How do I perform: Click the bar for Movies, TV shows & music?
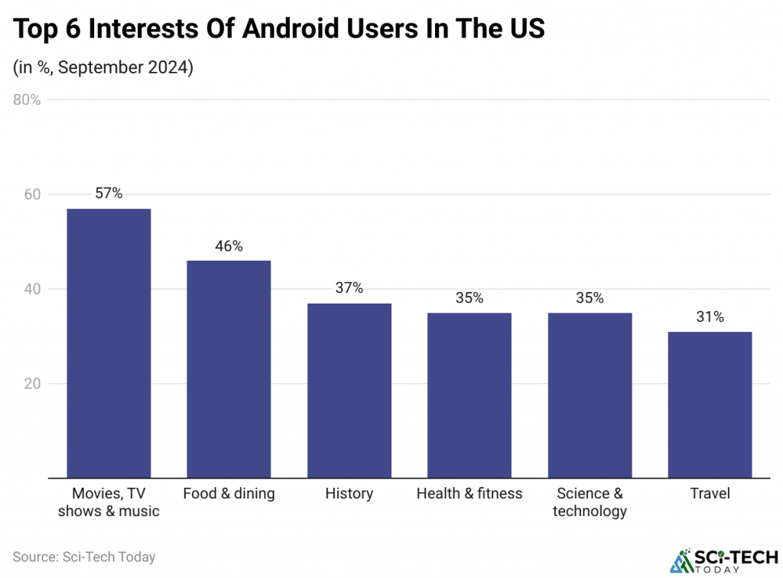point(109,343)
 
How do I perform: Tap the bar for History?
point(349,391)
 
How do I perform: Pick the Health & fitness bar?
point(469,395)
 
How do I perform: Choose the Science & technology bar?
point(590,395)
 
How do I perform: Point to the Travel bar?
point(710,404)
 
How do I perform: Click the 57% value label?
point(109,193)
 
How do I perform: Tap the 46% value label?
point(229,245)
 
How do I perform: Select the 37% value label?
point(349,288)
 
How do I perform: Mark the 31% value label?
point(710,317)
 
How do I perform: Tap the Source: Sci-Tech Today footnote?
point(84,557)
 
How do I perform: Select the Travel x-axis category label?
point(710,494)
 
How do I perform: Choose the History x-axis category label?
point(349,494)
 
